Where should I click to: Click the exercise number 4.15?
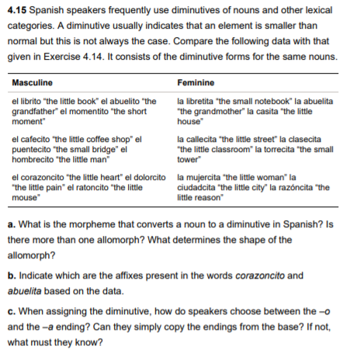[19, 11]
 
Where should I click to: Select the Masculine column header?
[32, 83]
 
